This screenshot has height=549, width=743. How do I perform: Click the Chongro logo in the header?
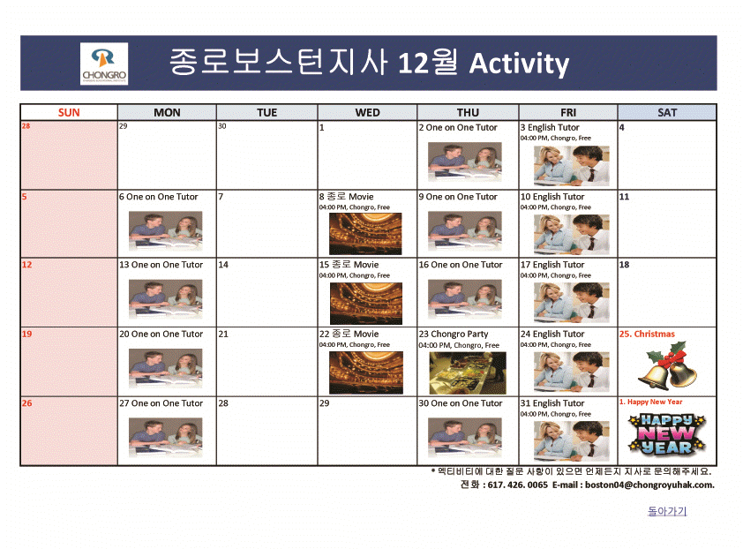104,64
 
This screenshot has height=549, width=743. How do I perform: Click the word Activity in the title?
519,64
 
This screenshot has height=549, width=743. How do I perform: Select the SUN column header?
69,112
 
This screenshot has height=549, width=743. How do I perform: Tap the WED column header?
367,112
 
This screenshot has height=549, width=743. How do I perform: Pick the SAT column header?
667,112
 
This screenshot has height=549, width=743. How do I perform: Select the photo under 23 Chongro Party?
467,372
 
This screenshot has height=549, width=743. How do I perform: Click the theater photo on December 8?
365,234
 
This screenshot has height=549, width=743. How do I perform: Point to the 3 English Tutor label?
550,127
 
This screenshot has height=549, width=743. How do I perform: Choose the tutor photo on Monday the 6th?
165,232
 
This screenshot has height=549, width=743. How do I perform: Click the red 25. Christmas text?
647,334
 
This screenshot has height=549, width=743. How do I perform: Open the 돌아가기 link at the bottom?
666,511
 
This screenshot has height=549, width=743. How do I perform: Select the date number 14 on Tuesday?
223,265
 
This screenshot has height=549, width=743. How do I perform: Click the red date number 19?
26,334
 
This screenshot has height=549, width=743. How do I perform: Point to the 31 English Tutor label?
552,403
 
